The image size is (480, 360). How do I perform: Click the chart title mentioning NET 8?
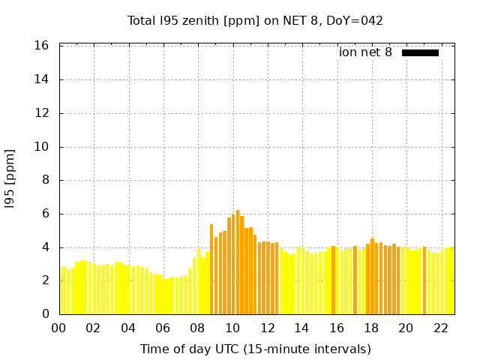click(x=255, y=20)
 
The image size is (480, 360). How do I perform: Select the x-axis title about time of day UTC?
click(x=256, y=349)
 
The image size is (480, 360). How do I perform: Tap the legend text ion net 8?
click(x=365, y=52)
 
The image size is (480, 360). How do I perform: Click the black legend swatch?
click(x=420, y=52)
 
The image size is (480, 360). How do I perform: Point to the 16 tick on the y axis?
click(x=42, y=46)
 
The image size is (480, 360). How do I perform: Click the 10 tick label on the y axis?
click(x=42, y=147)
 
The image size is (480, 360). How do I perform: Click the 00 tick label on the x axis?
click(x=59, y=328)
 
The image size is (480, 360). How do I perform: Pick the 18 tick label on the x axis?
click(x=371, y=328)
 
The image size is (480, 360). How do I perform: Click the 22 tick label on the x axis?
click(x=441, y=328)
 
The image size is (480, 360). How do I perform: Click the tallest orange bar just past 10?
click(x=238, y=262)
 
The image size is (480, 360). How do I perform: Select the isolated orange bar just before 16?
click(x=333, y=280)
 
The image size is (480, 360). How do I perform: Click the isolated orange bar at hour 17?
click(x=355, y=280)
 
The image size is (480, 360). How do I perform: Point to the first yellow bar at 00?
click(x=61, y=291)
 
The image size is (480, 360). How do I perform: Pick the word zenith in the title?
click(x=194, y=20)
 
